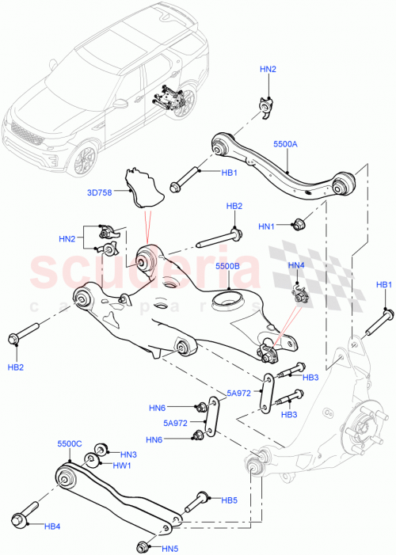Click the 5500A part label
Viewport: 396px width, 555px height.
click(285, 146)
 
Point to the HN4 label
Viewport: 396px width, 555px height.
click(296, 265)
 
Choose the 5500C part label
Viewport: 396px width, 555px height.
click(70, 445)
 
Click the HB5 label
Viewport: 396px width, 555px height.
click(229, 500)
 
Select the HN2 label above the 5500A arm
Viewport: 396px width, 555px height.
click(268, 70)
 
